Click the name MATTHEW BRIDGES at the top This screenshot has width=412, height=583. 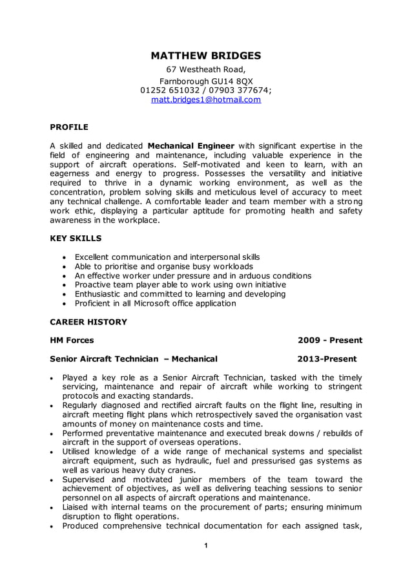[x=206, y=56]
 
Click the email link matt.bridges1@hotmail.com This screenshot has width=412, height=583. [x=206, y=100]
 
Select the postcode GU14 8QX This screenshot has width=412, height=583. [x=230, y=81]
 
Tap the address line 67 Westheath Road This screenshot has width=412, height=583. [x=206, y=70]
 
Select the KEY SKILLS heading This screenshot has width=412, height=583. [x=76, y=238]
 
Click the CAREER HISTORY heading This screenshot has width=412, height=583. [x=88, y=321]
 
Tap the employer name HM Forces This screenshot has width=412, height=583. [x=72, y=340]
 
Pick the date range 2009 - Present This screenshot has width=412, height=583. [x=329, y=340]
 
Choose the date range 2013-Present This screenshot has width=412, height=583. [x=326, y=359]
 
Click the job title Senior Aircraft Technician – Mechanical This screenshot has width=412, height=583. [x=134, y=359]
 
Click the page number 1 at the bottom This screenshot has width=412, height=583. [x=205, y=546]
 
